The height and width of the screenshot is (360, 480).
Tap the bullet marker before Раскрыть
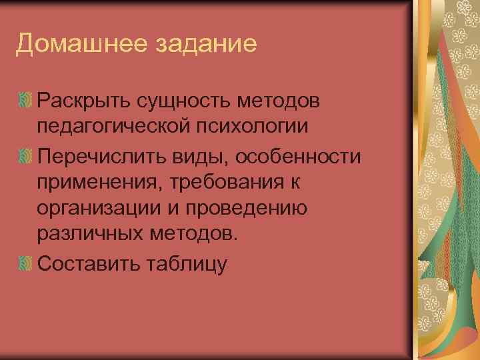[x=25, y=101]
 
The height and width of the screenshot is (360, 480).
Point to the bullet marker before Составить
[x=25, y=265]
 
